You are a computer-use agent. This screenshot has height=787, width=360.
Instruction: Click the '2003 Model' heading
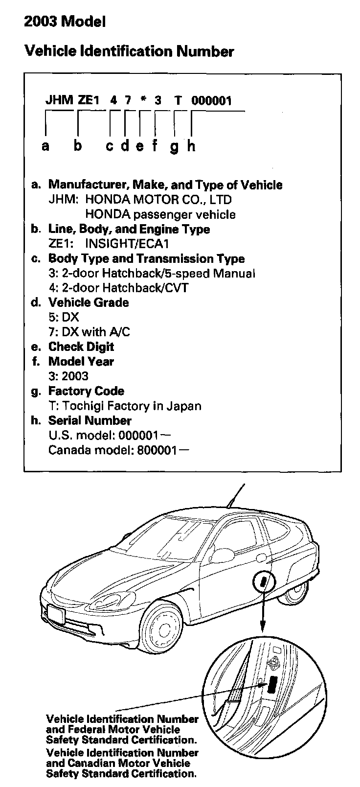point(65,22)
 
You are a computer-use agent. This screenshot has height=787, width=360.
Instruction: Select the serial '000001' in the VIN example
point(211,101)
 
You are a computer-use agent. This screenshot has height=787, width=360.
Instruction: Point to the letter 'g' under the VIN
point(174,146)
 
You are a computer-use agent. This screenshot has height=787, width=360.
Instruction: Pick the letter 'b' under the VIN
point(78,145)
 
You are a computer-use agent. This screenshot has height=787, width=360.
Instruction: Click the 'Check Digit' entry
point(81,347)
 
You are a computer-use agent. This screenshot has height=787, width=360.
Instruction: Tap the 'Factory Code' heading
point(86,391)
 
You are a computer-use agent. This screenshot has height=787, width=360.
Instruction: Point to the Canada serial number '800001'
point(156,450)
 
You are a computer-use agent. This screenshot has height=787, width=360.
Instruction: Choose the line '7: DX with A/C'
point(89,332)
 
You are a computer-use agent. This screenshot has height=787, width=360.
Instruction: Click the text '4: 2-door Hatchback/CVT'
point(118,288)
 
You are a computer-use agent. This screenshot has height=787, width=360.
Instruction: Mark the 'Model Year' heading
point(81,362)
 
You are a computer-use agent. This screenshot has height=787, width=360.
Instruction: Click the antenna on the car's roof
point(235,497)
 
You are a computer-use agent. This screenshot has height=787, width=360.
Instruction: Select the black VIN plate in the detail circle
point(272,684)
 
